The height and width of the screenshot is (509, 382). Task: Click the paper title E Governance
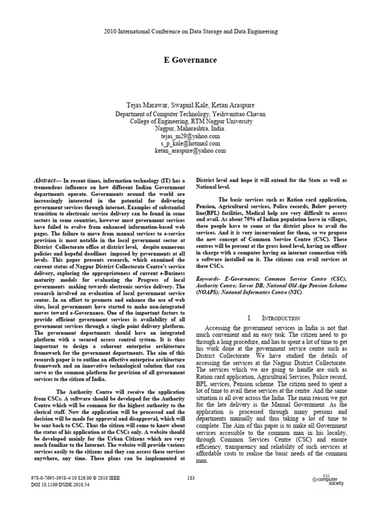[191, 60]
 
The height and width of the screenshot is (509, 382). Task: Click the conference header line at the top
[191, 31]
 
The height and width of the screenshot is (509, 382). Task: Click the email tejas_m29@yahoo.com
[191, 136]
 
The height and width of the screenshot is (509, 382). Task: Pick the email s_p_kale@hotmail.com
[191, 143]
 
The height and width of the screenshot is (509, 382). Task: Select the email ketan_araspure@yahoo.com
[191, 151]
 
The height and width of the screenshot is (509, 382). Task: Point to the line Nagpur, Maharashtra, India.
[191, 128]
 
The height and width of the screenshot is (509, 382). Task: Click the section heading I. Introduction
[274, 318]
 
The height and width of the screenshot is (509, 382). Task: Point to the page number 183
[191, 478]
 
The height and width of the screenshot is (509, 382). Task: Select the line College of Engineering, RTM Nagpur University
[191, 121]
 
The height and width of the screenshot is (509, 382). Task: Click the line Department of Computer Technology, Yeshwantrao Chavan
[191, 113]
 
